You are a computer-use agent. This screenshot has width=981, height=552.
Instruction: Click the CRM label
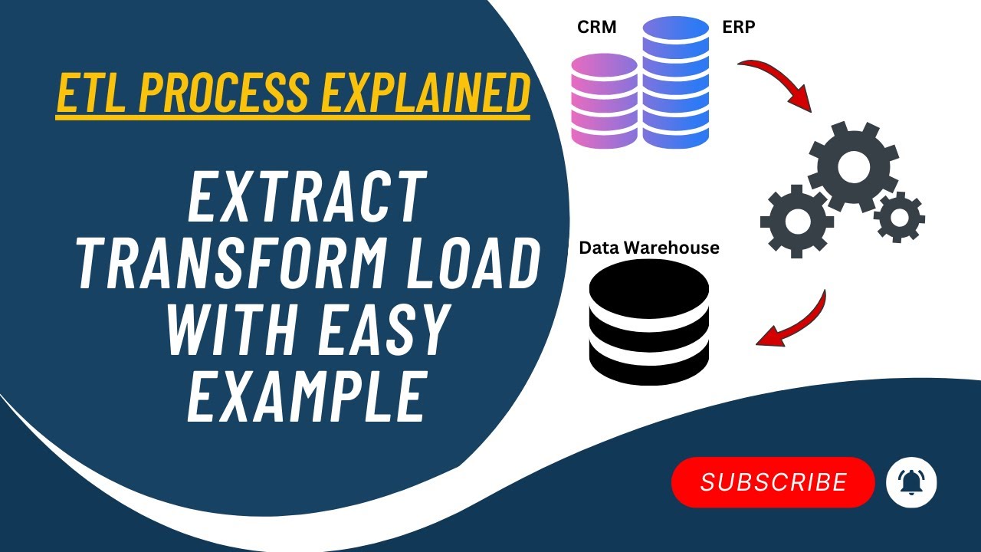pos(596,27)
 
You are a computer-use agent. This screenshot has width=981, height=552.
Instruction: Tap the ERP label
pos(739,27)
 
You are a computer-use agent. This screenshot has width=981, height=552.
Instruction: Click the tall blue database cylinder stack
pos(676,82)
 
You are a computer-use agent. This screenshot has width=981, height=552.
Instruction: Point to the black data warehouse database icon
pos(649,322)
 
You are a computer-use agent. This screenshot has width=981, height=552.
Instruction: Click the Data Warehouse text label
pos(649,248)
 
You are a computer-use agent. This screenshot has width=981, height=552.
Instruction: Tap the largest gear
pos(853,167)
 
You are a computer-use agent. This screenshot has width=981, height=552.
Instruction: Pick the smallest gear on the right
pos(900,217)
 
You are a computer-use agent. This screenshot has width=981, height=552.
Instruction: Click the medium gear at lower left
pos(796,222)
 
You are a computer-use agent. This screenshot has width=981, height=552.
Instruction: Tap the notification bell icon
pos(911,482)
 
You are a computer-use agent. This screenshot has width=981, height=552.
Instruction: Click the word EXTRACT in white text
pos(307,197)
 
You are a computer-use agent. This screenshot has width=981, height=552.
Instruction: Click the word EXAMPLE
pos(307,396)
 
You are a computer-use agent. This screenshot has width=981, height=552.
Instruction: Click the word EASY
pos(383,329)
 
